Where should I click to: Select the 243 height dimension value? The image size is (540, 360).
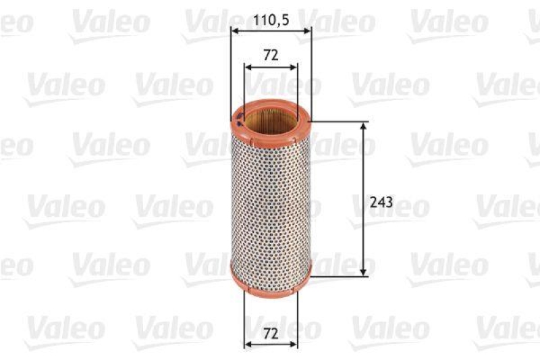click(382, 201)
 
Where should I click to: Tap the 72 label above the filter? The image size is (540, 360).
click(271, 55)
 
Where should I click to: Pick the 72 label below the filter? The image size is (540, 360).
click(271, 332)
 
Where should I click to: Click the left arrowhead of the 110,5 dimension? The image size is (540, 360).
click(234, 30)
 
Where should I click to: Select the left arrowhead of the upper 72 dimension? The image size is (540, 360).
click(247, 67)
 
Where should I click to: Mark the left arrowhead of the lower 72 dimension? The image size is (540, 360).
click(247, 344)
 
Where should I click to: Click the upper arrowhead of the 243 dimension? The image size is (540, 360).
click(364, 126)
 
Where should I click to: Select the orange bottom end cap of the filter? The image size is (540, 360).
click(271, 280)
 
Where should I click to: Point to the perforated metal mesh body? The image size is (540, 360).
click(271, 203)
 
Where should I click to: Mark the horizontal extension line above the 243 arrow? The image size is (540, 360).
click(337, 122)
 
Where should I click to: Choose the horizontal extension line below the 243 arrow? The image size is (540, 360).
click(337, 276)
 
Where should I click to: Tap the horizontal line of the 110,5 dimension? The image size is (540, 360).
click(271, 30)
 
